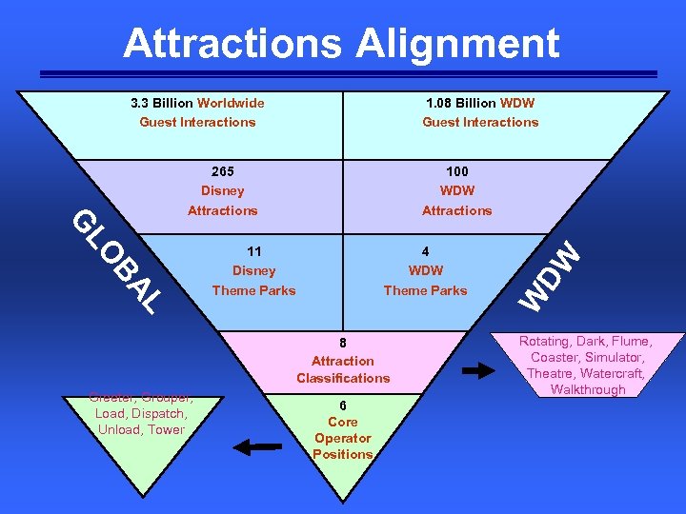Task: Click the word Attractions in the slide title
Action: pyautogui.click(x=232, y=44)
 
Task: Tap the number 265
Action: pyautogui.click(x=222, y=171)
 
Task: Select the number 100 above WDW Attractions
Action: pyautogui.click(x=457, y=171)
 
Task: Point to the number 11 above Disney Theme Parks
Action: pyautogui.click(x=254, y=252)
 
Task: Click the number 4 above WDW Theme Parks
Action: pyautogui.click(x=425, y=252)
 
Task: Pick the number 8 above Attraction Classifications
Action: pyautogui.click(x=343, y=343)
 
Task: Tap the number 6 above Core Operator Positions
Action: pyautogui.click(x=343, y=405)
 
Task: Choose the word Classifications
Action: pyautogui.click(x=343, y=378)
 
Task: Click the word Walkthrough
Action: pyautogui.click(x=588, y=389)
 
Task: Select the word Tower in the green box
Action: pyautogui.click(x=167, y=429)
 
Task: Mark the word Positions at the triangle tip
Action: pyautogui.click(x=343, y=454)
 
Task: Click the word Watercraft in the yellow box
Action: pyautogui.click(x=612, y=373)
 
